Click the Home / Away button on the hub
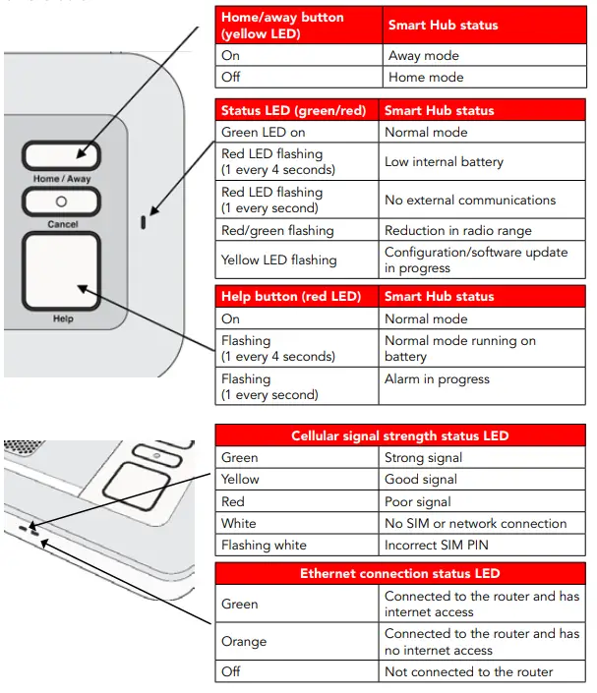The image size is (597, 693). pyautogui.click(x=61, y=157)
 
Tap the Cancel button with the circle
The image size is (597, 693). pyautogui.click(x=61, y=202)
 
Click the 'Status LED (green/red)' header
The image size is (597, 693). pyautogui.click(x=297, y=110)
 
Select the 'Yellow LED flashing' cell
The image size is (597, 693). pyautogui.click(x=297, y=260)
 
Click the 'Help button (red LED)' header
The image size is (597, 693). pyautogui.click(x=297, y=296)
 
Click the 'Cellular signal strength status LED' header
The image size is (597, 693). pyautogui.click(x=400, y=436)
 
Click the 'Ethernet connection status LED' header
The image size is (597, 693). pyautogui.click(x=400, y=573)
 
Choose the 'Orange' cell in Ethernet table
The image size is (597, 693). pyautogui.click(x=297, y=642)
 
